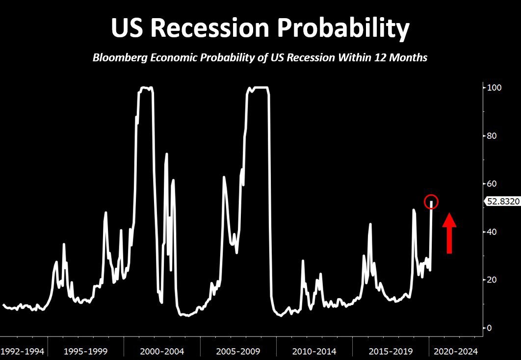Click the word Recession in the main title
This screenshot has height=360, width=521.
[x=209, y=28]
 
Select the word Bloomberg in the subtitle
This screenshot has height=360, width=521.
[x=120, y=58]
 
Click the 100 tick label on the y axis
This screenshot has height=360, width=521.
[x=495, y=88]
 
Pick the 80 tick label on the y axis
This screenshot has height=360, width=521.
[x=492, y=136]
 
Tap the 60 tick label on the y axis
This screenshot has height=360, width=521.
[x=492, y=183]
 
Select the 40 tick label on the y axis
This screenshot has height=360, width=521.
[x=492, y=232]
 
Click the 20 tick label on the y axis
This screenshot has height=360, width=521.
[x=492, y=280]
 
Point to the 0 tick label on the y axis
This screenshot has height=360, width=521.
[x=490, y=328]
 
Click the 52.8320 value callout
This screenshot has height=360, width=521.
[x=503, y=201]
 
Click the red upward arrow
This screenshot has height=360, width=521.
[x=449, y=233]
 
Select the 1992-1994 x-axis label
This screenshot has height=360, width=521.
[x=22, y=351]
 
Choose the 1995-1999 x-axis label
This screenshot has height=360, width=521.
[x=86, y=351]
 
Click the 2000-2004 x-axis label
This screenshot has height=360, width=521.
[x=162, y=351]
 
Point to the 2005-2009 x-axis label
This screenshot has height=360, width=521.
[x=238, y=351]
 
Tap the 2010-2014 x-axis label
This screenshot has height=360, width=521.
[x=314, y=351]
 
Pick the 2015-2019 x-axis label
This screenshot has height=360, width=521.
[x=391, y=351]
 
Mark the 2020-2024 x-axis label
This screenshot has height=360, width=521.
[x=456, y=351]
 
